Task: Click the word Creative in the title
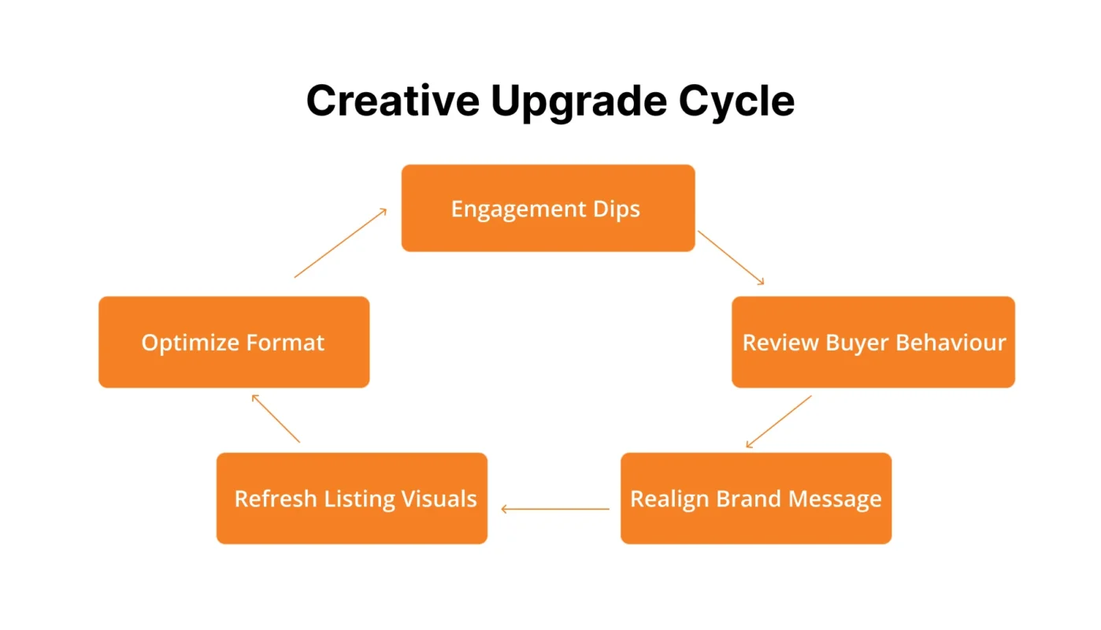pyautogui.click(x=391, y=101)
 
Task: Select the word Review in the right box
pyautogui.click(x=780, y=343)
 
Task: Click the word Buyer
pyautogui.click(x=856, y=343)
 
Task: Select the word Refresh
pyautogui.click(x=275, y=499)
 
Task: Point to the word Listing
pyautogui.click(x=359, y=499)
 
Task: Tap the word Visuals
pyautogui.click(x=439, y=499)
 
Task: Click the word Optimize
pyautogui.click(x=189, y=343)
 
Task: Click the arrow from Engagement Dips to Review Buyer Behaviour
pyautogui.click(x=731, y=258)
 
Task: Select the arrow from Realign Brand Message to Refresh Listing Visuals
pyautogui.click(x=555, y=510)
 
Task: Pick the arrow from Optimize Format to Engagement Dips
pyautogui.click(x=340, y=243)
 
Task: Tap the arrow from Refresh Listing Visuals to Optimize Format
pyautogui.click(x=276, y=418)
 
